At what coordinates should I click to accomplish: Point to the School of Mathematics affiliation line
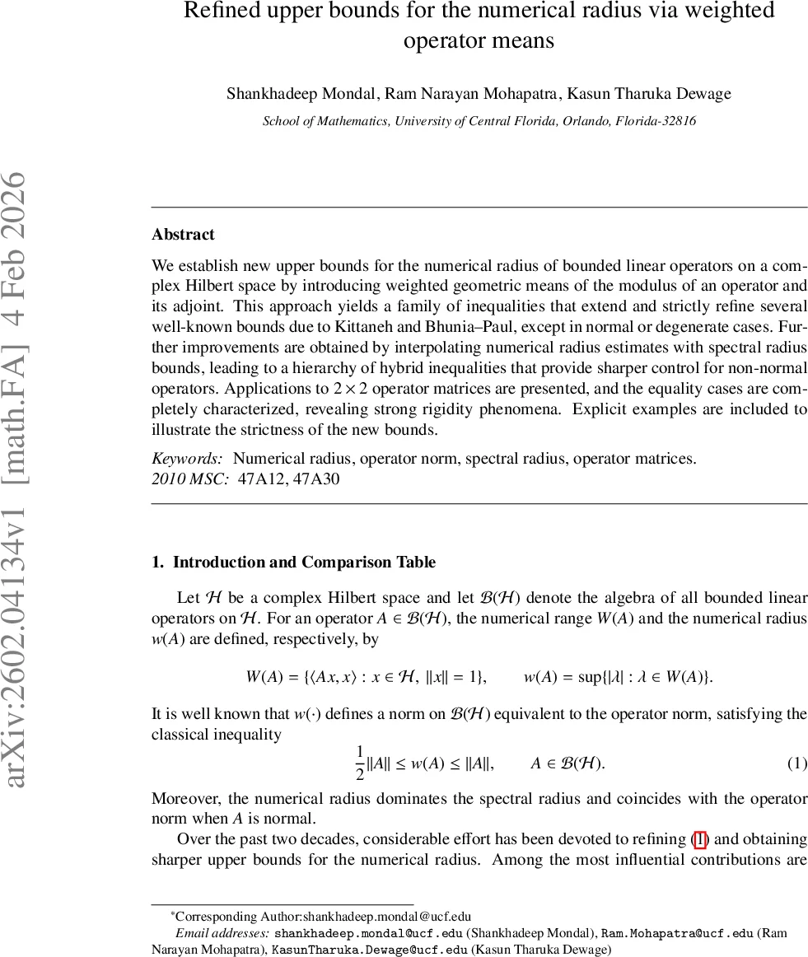(x=479, y=121)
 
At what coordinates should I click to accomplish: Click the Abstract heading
(x=183, y=235)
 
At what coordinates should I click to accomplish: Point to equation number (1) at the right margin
(x=796, y=763)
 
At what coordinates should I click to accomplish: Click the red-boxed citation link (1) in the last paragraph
(x=699, y=840)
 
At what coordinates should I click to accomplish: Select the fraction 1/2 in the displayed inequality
(x=359, y=763)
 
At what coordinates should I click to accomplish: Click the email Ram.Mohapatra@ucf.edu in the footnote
(x=677, y=934)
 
